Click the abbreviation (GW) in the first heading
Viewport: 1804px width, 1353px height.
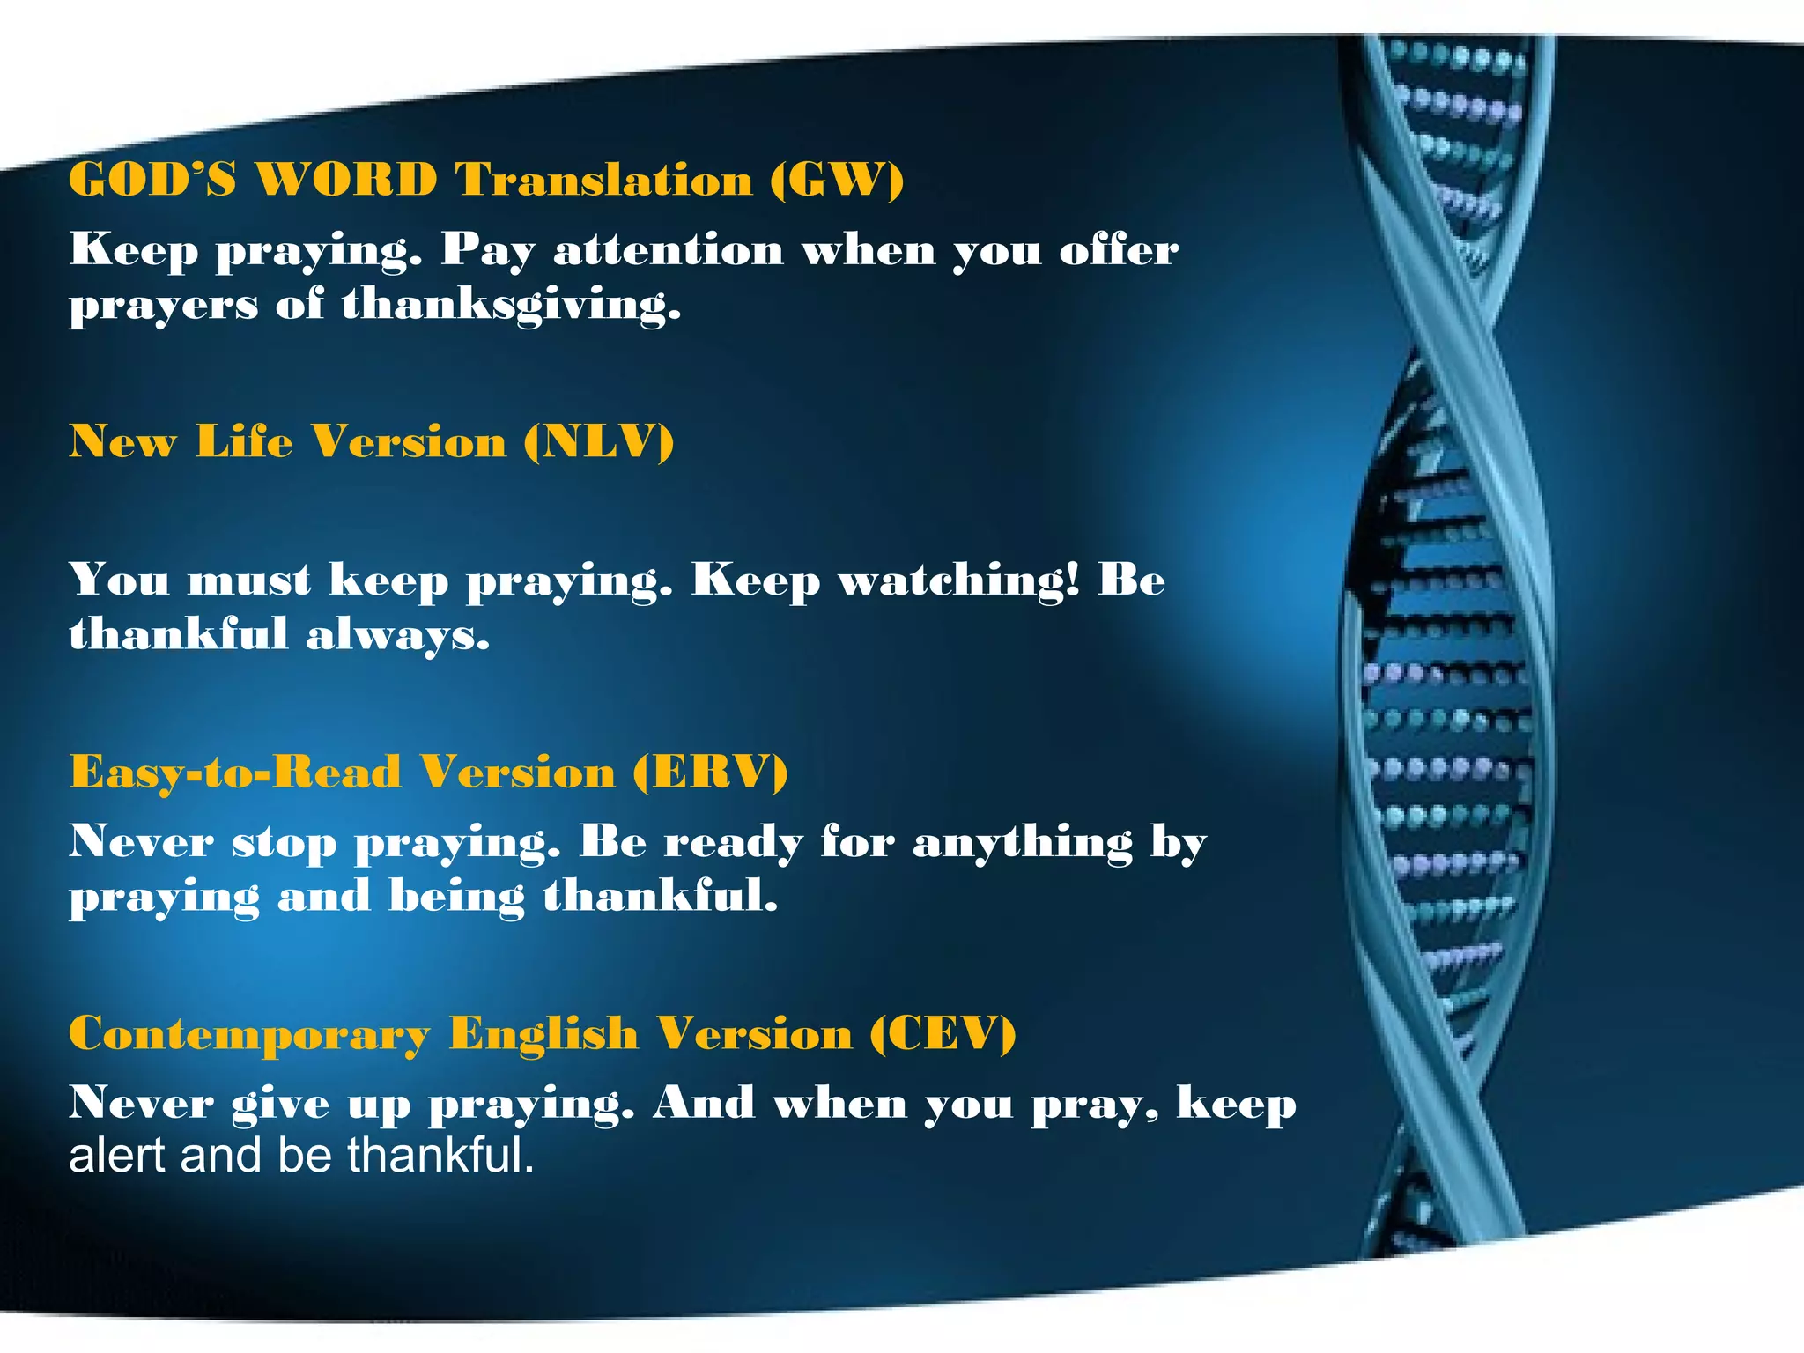pos(837,180)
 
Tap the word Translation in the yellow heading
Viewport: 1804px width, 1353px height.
pos(603,180)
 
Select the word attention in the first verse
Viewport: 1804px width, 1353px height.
pos(669,250)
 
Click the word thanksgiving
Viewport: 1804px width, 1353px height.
pos(511,306)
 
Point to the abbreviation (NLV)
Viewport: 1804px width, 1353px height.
pos(598,441)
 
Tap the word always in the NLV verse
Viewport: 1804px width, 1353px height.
pos(397,636)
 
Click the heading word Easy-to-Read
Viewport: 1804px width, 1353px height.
pos(235,773)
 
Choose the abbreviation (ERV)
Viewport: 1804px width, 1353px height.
pos(710,773)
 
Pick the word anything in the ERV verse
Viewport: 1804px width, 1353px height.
pos(1023,843)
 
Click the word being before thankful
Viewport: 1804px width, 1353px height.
pos(456,898)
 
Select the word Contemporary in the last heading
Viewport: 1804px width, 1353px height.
pos(249,1035)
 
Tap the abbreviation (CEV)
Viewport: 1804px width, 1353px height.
pos(943,1033)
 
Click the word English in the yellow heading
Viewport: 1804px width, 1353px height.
pos(543,1033)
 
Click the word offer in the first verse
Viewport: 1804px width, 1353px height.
pos(1118,250)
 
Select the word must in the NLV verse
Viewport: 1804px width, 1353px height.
pos(249,581)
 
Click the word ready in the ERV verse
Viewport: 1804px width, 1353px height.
pos(733,843)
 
